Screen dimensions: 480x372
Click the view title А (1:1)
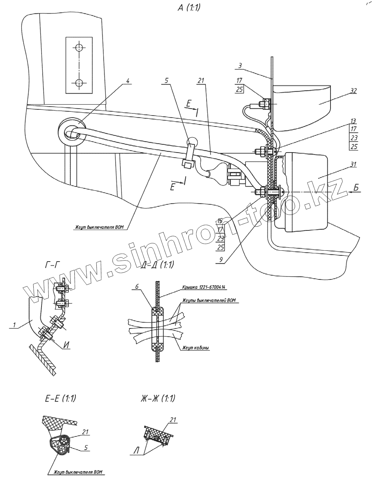188,8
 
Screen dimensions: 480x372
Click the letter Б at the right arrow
357,187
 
